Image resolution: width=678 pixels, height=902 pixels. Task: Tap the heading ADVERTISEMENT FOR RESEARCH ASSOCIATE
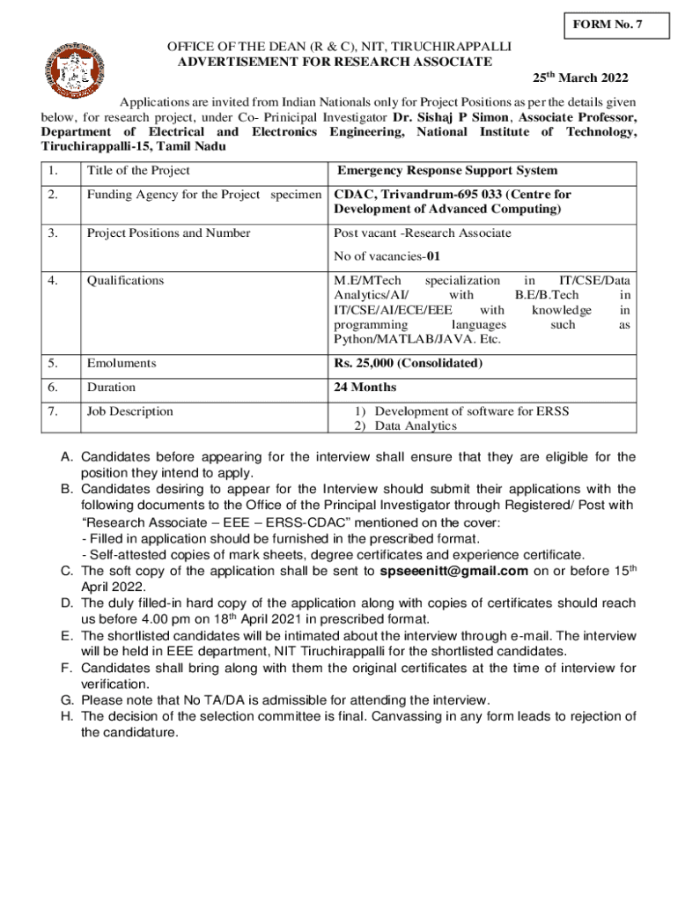click(x=335, y=62)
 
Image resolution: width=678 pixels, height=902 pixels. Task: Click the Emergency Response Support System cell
click(x=447, y=171)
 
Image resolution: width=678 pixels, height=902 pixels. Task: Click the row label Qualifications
click(x=125, y=281)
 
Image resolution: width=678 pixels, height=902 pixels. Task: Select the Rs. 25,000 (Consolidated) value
click(x=408, y=363)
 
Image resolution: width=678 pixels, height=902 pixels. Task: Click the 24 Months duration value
click(x=365, y=387)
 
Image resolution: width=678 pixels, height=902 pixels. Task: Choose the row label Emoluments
click(x=121, y=363)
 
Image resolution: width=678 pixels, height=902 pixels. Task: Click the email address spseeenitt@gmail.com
click(x=453, y=571)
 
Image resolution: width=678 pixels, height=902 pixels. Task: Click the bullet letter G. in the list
click(x=67, y=700)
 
